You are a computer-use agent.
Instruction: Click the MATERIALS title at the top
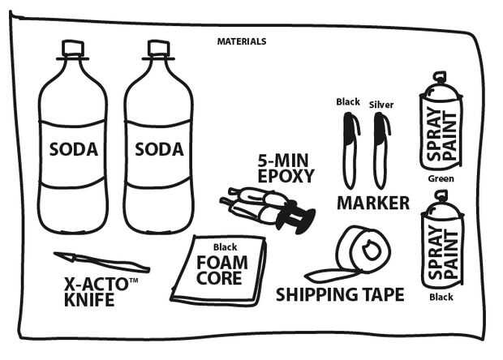coord(242,41)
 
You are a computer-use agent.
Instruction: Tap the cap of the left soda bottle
coord(73,48)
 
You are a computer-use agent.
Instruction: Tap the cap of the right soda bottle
coord(158,48)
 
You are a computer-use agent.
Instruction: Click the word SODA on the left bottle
coord(74,149)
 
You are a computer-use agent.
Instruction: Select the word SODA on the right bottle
coord(159,149)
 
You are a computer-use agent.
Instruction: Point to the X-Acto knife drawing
coord(101,262)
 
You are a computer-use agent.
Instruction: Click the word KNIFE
coord(89,300)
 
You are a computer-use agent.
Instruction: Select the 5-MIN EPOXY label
coord(286,169)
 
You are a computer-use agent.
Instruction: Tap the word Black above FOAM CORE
coord(226,247)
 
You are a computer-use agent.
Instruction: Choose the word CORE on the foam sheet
coord(219,278)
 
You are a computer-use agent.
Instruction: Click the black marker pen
coord(350,151)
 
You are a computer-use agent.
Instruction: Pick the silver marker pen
coord(381,151)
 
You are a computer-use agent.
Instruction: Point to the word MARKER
coord(373,203)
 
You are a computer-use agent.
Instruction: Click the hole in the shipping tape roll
coord(372,250)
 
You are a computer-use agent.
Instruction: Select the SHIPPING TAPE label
coord(340,294)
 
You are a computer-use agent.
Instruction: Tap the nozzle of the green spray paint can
coord(440,76)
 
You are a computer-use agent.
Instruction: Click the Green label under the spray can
coord(441,178)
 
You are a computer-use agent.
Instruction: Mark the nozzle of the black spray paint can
coord(441,195)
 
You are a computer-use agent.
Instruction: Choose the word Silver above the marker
coord(381,105)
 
